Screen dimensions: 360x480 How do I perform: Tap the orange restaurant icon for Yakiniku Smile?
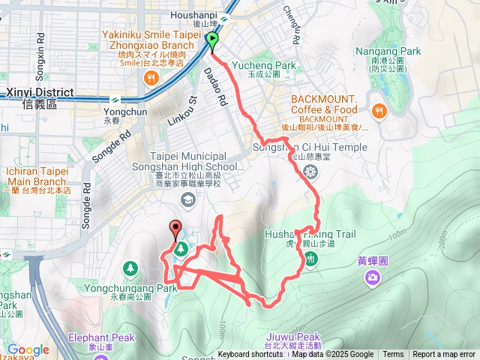pyautogui.click(x=151, y=77)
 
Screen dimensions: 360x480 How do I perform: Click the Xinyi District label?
pyautogui.click(x=40, y=93)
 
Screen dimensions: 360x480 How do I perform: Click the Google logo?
pyautogui.click(x=28, y=349)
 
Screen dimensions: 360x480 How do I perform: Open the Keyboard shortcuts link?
pyautogui.click(x=250, y=355)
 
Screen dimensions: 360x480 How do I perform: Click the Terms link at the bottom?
pyautogui.click(x=393, y=355)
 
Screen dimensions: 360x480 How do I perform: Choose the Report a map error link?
pyautogui.click(x=444, y=355)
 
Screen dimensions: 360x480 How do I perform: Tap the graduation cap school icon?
pyautogui.click(x=186, y=198)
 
